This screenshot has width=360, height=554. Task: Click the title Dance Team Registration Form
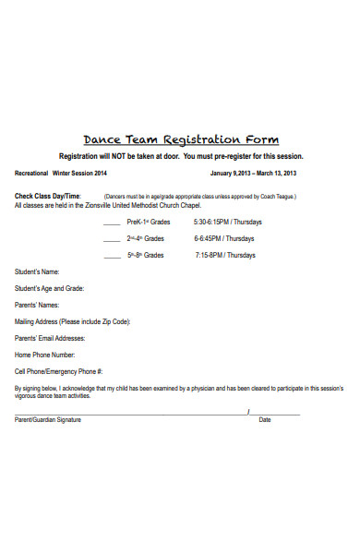tap(181, 140)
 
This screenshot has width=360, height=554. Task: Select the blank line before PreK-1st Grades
tap(112, 223)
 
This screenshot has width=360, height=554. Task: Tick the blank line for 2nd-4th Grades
tap(112, 239)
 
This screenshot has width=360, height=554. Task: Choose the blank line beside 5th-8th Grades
tap(112, 256)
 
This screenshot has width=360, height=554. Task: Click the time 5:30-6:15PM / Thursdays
tap(228, 223)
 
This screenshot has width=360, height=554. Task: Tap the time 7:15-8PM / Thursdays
tap(226, 255)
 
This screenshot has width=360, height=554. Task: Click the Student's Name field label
tap(37, 271)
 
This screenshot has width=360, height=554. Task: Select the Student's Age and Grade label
tap(49, 288)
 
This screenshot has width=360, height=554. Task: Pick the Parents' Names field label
tap(37, 305)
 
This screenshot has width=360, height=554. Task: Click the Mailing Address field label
tap(72, 321)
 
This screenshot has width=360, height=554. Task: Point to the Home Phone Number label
tap(45, 355)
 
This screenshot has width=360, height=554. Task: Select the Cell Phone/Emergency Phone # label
tap(65, 371)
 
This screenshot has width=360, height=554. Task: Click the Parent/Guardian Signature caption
tap(48, 420)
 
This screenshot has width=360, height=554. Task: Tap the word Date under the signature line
tap(265, 420)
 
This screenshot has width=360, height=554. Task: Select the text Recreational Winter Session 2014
tap(61, 174)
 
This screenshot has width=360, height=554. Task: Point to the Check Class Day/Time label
tap(48, 196)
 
